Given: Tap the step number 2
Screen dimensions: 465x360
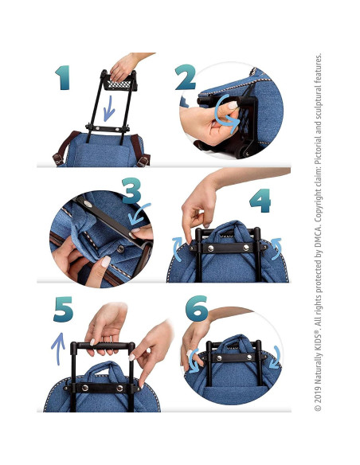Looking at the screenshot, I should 186,78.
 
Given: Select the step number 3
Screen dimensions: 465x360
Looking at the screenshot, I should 132,191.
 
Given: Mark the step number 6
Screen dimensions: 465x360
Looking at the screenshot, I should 197,309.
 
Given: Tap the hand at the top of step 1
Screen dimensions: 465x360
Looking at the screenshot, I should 127,64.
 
